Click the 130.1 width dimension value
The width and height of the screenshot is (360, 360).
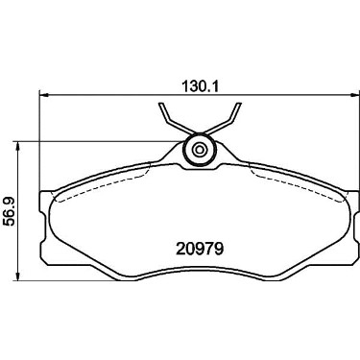[200, 85]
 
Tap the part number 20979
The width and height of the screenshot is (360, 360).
[199, 249]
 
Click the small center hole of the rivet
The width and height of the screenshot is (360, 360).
[200, 150]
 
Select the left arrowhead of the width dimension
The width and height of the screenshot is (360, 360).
[43, 95]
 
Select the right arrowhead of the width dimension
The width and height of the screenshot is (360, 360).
[355, 95]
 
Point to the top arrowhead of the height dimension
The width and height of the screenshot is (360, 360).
[18, 146]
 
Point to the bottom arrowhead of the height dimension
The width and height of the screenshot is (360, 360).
[18, 276]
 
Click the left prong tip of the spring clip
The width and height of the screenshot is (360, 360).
[161, 104]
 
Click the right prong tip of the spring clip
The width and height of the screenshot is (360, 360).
[239, 104]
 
